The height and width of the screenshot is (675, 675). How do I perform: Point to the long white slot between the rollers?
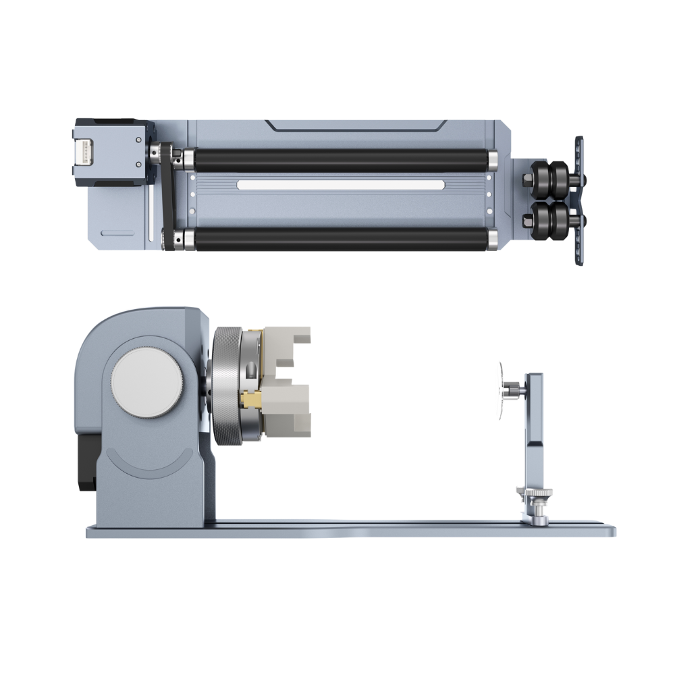click(341, 185)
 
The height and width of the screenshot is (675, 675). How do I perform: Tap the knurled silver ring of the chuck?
click(226, 387)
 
